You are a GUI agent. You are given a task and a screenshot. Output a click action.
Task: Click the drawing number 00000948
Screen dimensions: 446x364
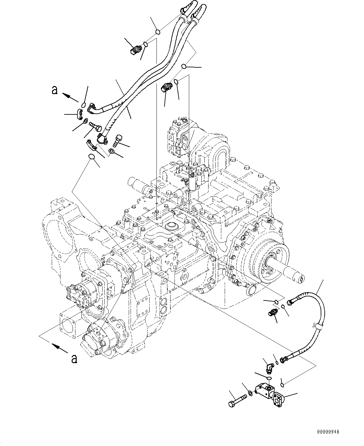pyautogui.click(x=328, y=432)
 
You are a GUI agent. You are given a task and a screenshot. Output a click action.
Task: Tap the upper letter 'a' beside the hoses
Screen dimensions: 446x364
pyautogui.click(x=55, y=90)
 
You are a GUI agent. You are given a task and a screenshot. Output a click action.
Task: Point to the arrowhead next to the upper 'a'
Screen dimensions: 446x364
pyautogui.click(x=65, y=95)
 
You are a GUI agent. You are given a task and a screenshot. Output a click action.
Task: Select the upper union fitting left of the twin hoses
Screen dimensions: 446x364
pyautogui.click(x=136, y=50)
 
